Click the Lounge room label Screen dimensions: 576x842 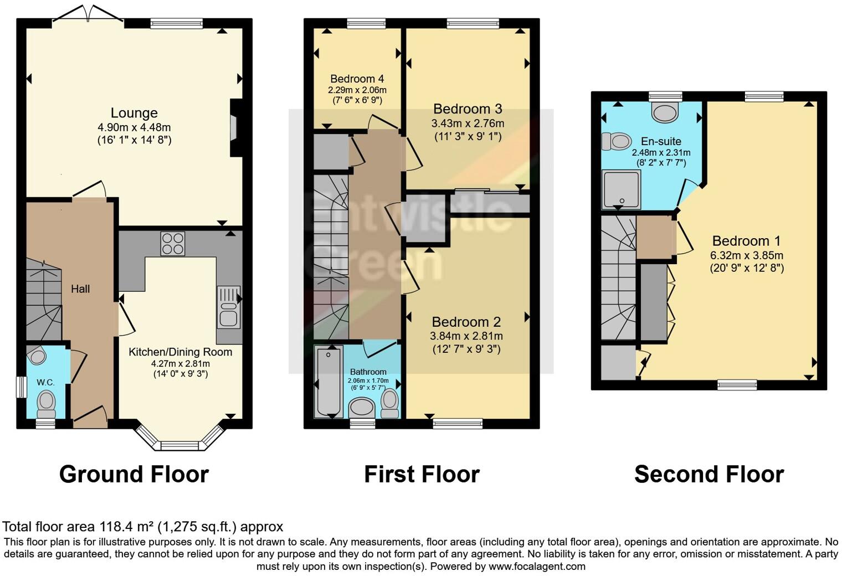(x=134, y=113)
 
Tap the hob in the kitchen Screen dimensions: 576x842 (x=172, y=243)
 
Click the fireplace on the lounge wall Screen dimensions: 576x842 (x=234, y=128)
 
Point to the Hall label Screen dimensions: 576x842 (x=80, y=289)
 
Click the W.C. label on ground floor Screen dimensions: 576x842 (x=45, y=382)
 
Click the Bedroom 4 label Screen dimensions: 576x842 (x=357, y=79)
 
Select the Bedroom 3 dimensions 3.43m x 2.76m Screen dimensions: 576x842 (x=468, y=123)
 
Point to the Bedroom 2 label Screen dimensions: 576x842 (x=466, y=322)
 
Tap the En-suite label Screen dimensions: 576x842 (x=661, y=141)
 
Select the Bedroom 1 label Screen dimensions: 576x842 (x=746, y=241)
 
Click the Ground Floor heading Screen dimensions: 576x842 (x=134, y=475)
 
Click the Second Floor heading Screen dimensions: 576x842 (x=708, y=475)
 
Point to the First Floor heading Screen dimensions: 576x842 (x=422, y=475)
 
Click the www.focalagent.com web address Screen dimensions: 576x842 (x=536, y=567)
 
